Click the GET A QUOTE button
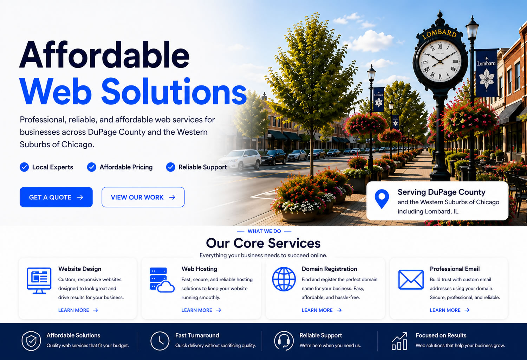pyautogui.click(x=56, y=197)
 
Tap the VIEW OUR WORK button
pyautogui.click(x=143, y=197)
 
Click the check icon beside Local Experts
pyautogui.click(x=24, y=167)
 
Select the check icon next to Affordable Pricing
pyautogui.click(x=91, y=167)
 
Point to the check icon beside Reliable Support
pyautogui.click(x=170, y=167)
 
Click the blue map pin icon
pyautogui.click(x=382, y=199)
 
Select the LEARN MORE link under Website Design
pyautogui.click(x=78, y=310)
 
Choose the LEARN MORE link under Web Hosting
pyautogui.click(x=201, y=310)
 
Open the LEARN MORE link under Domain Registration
pyautogui.click(x=321, y=310)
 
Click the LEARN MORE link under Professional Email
pyautogui.click(x=450, y=310)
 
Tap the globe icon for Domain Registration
pyautogui.click(x=284, y=279)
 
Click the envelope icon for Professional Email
pyautogui.click(x=411, y=280)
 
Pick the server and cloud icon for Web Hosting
pyautogui.click(x=162, y=280)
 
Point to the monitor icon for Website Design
pyautogui.click(x=39, y=281)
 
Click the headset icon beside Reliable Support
pyautogui.click(x=284, y=341)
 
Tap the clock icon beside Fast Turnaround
pyautogui.click(x=160, y=341)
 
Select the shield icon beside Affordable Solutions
pyautogui.click(x=31, y=341)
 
